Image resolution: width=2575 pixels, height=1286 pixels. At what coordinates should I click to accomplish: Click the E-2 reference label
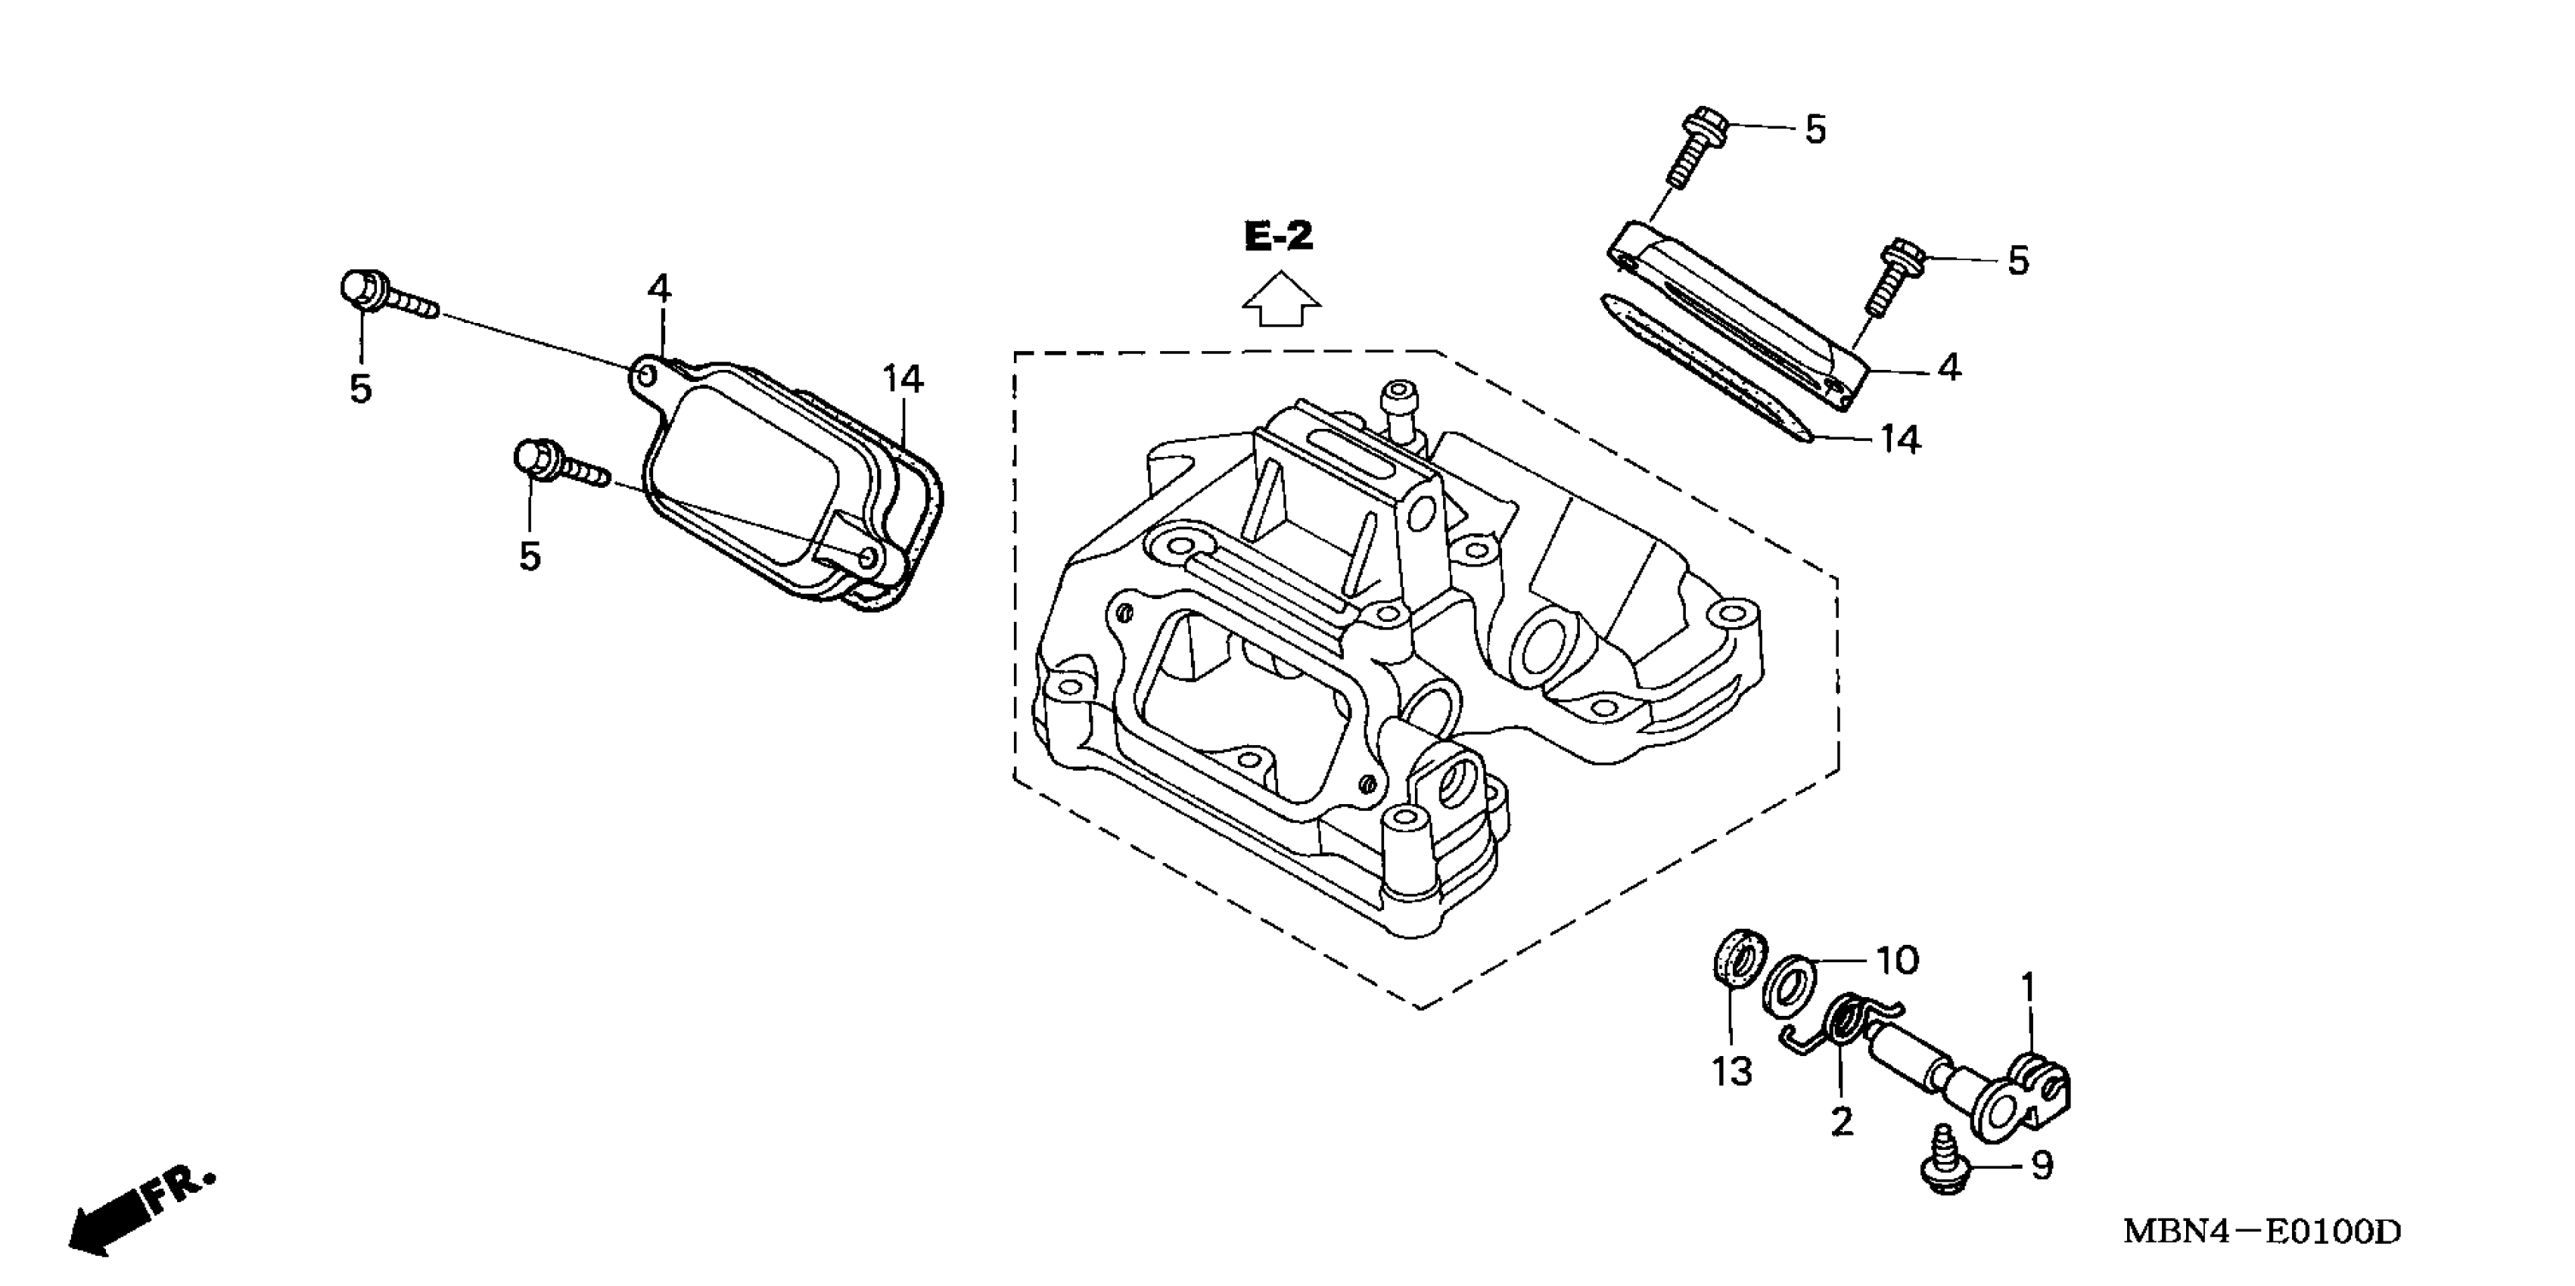pos(1279,237)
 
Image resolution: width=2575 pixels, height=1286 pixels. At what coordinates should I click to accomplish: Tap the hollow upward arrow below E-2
pos(1282,301)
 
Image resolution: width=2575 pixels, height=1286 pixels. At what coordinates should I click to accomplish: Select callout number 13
pos(1731,1072)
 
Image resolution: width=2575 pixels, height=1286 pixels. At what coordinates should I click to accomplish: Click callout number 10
pos(1896,960)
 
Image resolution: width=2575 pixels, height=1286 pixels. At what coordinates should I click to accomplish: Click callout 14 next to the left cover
pos(902,380)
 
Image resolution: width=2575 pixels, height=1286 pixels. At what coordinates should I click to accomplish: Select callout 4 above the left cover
pos(659,290)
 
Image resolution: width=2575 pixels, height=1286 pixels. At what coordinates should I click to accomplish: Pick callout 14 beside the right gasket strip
pos(1899,440)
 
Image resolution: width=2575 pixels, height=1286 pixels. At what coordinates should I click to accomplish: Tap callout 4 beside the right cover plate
pos(1948,368)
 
